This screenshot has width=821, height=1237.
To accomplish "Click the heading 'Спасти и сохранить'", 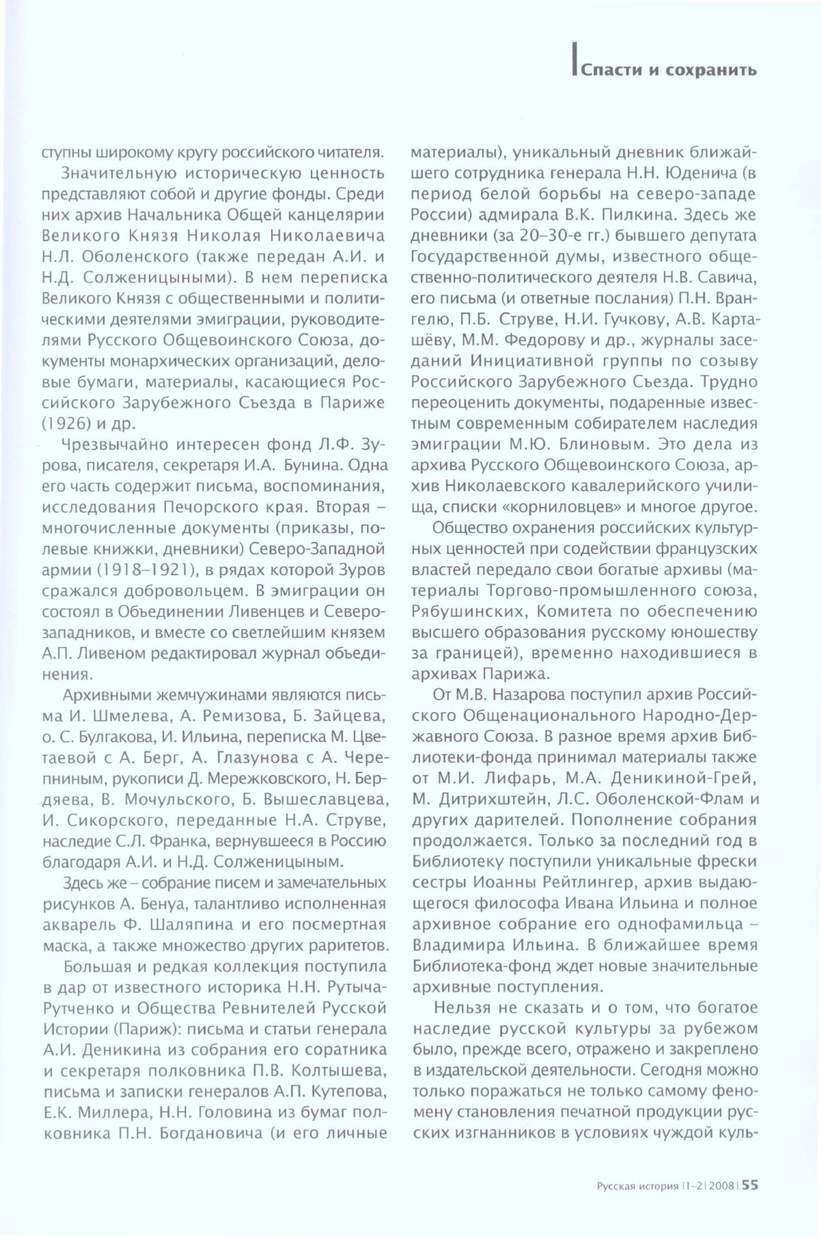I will point(668,70).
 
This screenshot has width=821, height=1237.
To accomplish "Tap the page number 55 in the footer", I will point(749,1185).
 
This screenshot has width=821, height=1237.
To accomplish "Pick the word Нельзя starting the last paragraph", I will point(462,1007).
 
